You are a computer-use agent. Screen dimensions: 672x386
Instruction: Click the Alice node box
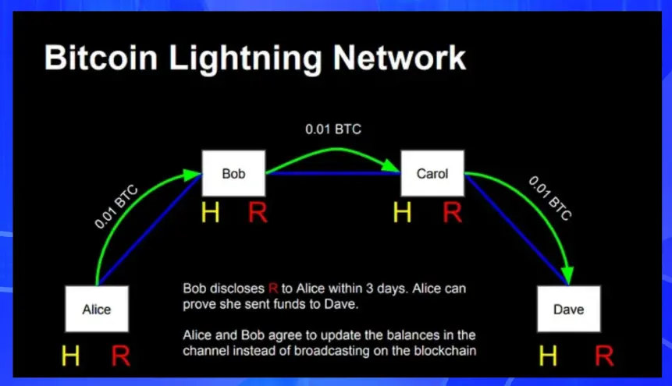coord(97,309)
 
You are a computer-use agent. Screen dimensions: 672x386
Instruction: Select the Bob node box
coord(233,173)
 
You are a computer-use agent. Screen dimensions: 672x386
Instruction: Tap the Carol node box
coord(432,173)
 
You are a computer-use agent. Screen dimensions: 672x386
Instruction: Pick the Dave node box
coord(569,309)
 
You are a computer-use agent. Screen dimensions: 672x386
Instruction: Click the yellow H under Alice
coord(71,356)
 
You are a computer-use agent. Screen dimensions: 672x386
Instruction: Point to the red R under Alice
coord(120,356)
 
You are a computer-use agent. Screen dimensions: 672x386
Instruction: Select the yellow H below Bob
coord(211,212)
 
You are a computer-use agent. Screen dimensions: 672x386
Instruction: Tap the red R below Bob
coord(258,212)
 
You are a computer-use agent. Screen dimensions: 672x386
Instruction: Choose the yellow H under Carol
coord(403,212)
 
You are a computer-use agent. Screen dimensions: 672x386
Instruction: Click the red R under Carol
coord(453,212)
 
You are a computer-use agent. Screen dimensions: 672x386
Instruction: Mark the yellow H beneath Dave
coord(548,356)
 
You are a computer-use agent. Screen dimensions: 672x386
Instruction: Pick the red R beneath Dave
coord(604,356)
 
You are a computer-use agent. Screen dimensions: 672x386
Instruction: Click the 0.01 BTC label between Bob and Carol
coord(333,129)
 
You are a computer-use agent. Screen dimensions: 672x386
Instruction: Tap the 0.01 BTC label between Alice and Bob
coord(116,207)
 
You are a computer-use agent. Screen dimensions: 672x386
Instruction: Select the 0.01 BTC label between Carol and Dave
coord(550,198)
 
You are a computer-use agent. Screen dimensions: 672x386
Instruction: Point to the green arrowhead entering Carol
coord(390,166)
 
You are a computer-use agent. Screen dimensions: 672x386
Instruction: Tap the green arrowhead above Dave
coord(567,275)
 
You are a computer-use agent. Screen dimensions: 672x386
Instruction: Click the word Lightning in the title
coord(245,58)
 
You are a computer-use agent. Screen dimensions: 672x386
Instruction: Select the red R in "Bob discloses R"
coord(273,289)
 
